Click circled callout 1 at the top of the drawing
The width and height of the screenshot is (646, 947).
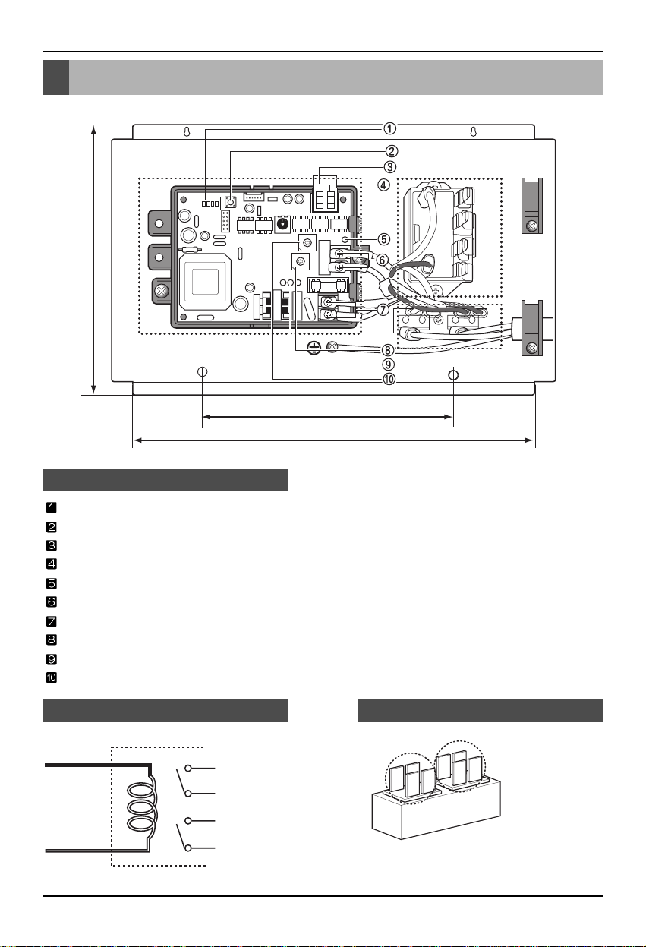(389, 128)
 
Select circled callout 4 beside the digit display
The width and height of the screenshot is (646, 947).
(383, 185)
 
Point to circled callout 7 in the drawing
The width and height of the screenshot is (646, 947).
(383, 310)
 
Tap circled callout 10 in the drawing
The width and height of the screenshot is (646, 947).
(389, 379)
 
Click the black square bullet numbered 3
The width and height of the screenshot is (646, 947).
(51, 545)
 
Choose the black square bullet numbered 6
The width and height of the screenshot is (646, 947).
(51, 601)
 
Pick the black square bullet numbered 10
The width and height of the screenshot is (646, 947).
(51, 677)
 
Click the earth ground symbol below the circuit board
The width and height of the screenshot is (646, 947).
(314, 348)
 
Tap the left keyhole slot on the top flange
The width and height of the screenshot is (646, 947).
(186, 131)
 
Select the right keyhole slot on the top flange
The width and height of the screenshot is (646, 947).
(474, 131)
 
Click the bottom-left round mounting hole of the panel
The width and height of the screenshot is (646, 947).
(203, 371)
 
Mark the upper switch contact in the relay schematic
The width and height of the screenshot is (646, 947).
(183, 781)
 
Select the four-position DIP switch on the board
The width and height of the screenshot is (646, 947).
(210, 204)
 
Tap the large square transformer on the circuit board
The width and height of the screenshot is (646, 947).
(205, 281)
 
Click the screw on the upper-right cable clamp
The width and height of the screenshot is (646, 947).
(531, 226)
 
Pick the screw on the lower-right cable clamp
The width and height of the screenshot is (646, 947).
(532, 349)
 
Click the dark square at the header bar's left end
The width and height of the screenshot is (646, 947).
(56, 77)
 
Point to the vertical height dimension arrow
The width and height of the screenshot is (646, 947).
(94, 260)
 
